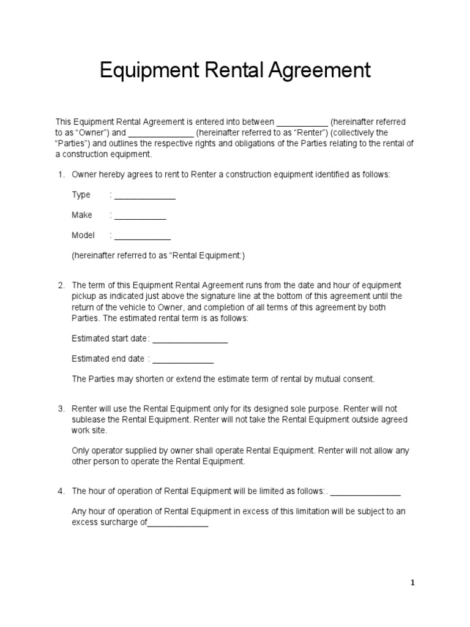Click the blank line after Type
point(145,196)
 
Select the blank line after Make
point(140,216)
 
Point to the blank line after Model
point(143,236)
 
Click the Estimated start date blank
point(190,340)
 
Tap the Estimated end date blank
point(183,360)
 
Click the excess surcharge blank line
point(178,524)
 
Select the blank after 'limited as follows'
point(365,492)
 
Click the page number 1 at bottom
point(413,583)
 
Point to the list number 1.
point(61,175)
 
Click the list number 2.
point(61,285)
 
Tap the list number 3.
point(61,408)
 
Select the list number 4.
point(61,491)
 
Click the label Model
point(83,235)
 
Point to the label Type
point(81,195)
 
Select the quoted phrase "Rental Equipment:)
point(208,256)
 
